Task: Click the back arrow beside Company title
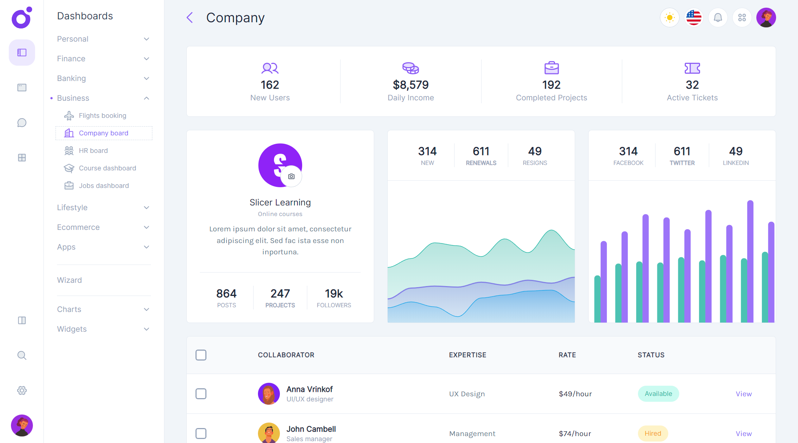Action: pos(190,18)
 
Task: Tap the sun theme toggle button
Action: pos(669,18)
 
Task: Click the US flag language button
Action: pos(693,18)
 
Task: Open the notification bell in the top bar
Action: pos(718,18)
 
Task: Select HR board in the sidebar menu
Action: pos(93,151)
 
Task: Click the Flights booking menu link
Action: pos(102,116)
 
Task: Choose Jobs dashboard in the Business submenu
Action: pos(104,186)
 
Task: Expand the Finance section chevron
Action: pos(147,59)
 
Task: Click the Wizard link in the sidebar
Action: pos(69,280)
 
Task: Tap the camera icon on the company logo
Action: pos(291,177)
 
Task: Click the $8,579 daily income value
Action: pos(411,85)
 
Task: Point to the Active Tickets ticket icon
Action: pos(692,68)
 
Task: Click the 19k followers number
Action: pos(334,294)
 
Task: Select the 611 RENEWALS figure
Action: pos(481,151)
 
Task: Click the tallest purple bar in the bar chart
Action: pos(750,261)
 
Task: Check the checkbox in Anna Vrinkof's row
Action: pos(201,394)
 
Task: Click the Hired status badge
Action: pos(653,434)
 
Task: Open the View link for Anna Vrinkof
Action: pos(744,394)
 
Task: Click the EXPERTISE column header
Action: pos(467,355)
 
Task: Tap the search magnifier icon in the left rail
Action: pos(22,355)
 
